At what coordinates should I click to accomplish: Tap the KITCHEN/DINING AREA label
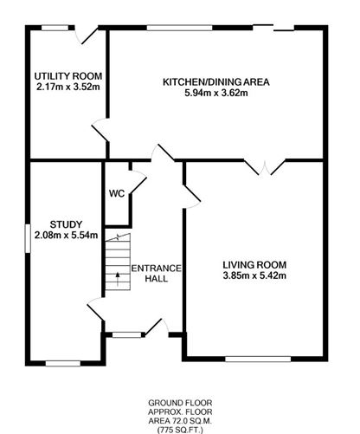tap(217, 82)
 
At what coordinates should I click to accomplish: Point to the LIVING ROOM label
tap(254, 265)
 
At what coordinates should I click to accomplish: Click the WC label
tap(116, 193)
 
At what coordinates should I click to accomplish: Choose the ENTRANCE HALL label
tap(157, 274)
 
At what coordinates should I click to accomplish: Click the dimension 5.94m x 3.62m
tap(217, 94)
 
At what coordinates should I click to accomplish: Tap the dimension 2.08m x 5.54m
tap(65, 235)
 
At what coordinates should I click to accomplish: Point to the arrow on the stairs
tap(118, 279)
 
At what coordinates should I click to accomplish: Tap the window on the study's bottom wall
tap(62, 361)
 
